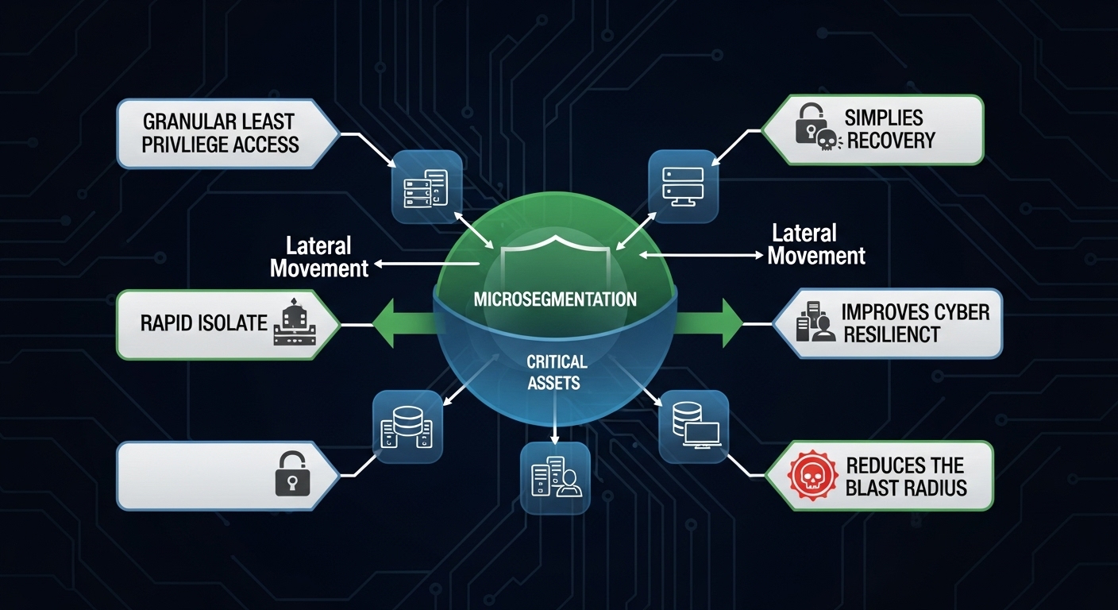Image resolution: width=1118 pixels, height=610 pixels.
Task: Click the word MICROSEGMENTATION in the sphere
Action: pyautogui.click(x=554, y=299)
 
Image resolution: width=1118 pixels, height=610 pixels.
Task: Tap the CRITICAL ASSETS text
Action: pyautogui.click(x=556, y=372)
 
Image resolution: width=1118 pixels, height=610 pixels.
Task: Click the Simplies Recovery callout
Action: pyautogui.click(x=873, y=130)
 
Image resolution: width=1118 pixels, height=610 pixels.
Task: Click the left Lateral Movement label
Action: pyautogui.click(x=319, y=257)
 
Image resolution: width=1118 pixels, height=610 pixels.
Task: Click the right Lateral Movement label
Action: pyautogui.click(x=815, y=245)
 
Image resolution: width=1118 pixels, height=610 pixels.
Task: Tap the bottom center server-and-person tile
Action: pyautogui.click(x=555, y=477)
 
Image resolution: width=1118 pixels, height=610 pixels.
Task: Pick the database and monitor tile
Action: pyautogui.click(x=693, y=426)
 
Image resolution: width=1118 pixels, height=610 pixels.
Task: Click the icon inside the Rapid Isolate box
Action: pyautogui.click(x=293, y=324)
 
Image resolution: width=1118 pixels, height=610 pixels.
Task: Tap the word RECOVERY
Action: pyautogui.click(x=890, y=141)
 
